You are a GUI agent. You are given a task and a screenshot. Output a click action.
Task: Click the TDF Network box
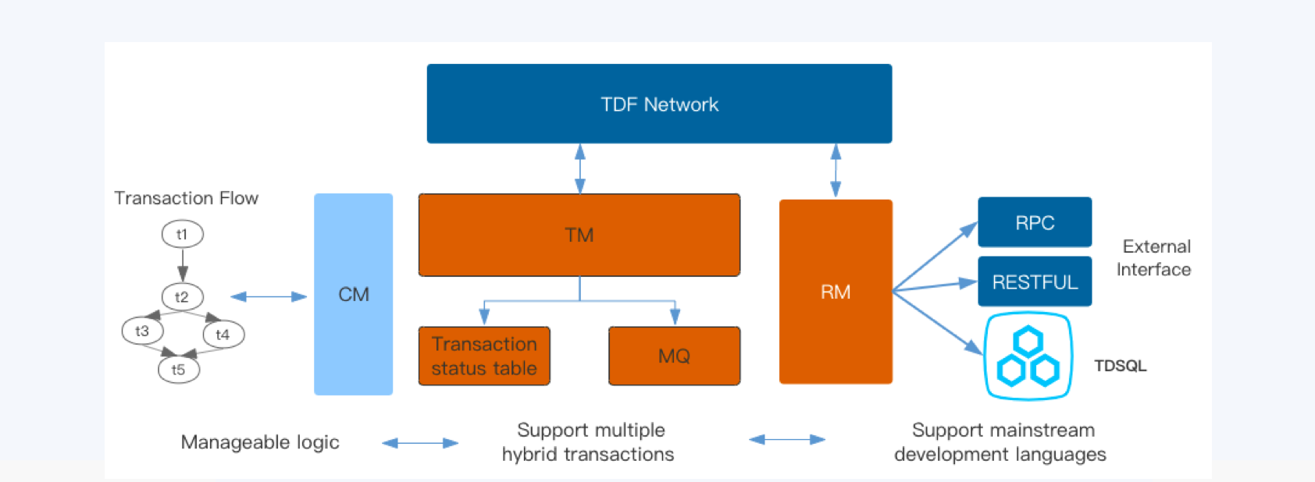[659, 104]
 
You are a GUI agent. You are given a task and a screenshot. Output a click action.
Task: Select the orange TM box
[579, 235]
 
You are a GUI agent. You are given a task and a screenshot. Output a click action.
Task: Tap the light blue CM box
[353, 294]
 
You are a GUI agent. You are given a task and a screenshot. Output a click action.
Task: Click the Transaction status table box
[484, 356]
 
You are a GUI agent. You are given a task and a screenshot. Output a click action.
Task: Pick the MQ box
[674, 356]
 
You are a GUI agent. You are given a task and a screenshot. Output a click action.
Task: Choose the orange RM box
[836, 292]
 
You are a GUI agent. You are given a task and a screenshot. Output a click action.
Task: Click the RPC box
[1035, 222]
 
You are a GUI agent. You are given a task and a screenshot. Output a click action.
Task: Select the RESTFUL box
[1035, 282]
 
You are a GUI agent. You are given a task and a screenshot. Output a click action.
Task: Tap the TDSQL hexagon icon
[1028, 356]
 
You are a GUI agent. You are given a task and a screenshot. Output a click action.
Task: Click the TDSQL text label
[1120, 366]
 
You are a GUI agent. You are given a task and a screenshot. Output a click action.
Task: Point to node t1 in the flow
[182, 234]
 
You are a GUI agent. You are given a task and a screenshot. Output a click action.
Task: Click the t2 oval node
[182, 296]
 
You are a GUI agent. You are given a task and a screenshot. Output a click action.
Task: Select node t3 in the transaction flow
[142, 331]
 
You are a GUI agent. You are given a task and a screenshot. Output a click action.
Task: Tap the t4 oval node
[223, 335]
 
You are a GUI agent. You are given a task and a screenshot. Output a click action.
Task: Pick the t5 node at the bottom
[179, 370]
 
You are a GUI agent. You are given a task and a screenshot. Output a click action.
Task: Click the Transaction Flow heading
[186, 198]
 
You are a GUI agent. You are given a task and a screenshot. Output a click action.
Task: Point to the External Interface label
[1154, 258]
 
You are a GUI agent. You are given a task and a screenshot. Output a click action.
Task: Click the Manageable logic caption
[260, 442]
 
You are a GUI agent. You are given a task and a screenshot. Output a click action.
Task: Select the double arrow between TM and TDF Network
[579, 168]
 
